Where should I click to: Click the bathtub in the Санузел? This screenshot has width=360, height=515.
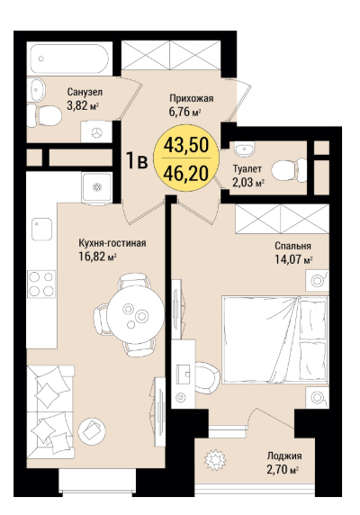point(69,59)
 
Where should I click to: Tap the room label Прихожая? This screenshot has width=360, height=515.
point(192,98)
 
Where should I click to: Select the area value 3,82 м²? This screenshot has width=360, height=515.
point(83,105)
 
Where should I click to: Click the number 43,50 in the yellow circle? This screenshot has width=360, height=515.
point(186,145)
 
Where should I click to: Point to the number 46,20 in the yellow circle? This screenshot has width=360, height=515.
point(186,173)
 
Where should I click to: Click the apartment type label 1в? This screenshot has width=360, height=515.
point(137,161)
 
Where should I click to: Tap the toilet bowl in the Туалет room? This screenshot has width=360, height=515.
point(289,170)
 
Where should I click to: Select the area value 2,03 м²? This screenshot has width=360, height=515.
point(248,182)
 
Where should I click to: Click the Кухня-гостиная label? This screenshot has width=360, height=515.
point(112,243)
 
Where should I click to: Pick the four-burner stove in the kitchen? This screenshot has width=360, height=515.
point(41,285)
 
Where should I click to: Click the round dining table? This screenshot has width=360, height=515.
point(136,314)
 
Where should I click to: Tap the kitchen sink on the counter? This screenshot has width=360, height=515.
point(41,229)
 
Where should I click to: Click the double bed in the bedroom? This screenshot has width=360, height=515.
point(275,339)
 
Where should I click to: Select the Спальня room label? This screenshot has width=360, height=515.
point(292,246)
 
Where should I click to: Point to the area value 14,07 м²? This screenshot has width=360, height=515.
point(293,260)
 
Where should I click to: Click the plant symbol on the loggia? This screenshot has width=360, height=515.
point(215,459)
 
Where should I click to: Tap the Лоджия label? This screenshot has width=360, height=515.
point(284,456)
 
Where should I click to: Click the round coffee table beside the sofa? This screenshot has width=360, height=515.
point(92,431)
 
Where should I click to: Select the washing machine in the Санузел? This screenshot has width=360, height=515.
point(96,132)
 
